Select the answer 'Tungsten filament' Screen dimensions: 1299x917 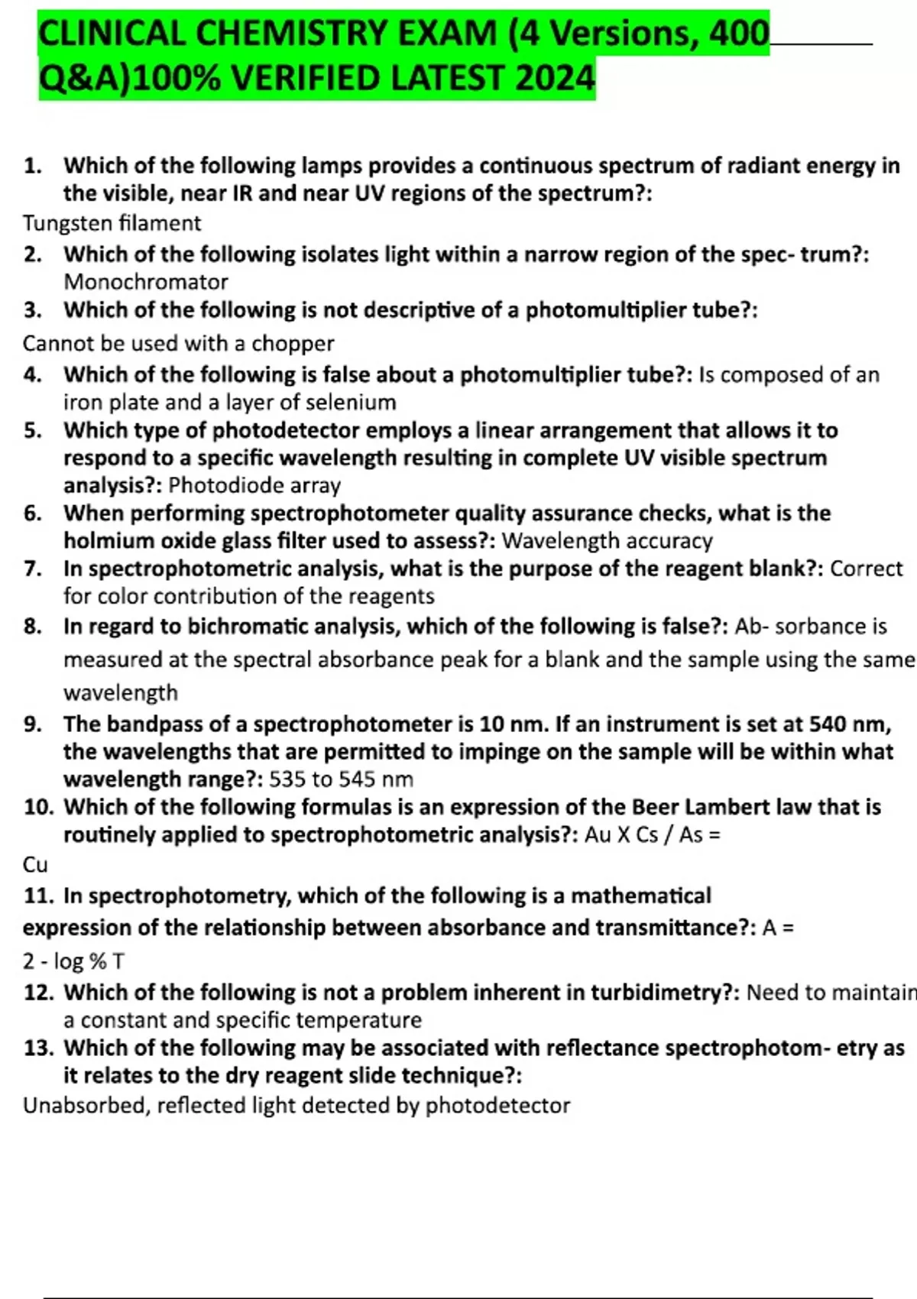(x=112, y=223)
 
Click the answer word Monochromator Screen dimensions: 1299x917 (x=146, y=282)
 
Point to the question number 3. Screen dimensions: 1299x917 (x=32, y=310)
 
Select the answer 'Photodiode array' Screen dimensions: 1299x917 (x=254, y=485)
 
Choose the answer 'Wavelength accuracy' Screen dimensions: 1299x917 (x=607, y=541)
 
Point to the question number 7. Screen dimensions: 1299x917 (x=32, y=569)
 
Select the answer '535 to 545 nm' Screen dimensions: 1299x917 (x=341, y=779)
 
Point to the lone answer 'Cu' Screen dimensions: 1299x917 (x=35, y=864)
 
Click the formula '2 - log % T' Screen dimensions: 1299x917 (x=73, y=960)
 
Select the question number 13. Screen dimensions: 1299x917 (x=38, y=1048)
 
